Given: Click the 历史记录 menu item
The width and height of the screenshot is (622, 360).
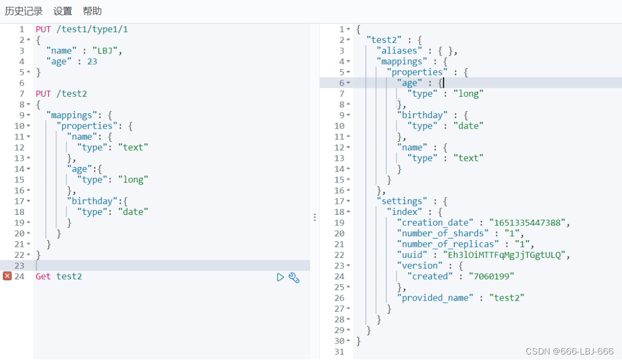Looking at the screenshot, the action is [24, 11].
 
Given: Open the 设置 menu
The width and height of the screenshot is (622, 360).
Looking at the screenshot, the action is [63, 11].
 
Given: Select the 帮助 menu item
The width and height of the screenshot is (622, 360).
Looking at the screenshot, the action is [92, 11].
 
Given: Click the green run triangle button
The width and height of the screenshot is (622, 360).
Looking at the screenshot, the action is [280, 277].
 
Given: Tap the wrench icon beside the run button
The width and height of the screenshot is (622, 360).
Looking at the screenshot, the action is [294, 278].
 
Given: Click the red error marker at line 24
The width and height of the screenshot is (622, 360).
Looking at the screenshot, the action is [7, 276].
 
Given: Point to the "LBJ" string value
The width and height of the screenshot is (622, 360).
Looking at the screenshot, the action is [105, 51].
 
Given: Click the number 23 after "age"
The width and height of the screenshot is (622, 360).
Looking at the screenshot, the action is [92, 62].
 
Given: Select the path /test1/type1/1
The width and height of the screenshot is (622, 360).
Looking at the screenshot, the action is [92, 29].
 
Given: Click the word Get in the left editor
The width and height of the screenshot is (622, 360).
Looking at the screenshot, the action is [43, 276].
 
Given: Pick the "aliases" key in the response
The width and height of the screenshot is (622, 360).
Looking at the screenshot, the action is [399, 51].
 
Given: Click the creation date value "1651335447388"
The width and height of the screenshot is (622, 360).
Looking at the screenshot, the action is [527, 223].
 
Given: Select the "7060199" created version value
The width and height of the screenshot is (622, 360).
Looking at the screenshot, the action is [491, 276].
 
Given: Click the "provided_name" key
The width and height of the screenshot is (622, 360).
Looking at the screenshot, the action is [435, 298].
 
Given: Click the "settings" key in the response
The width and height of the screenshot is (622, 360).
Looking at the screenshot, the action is [402, 201].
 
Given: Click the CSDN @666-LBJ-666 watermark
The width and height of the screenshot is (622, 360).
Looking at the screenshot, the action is [570, 351].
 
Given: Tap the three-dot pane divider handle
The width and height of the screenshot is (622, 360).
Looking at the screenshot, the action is [315, 217].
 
